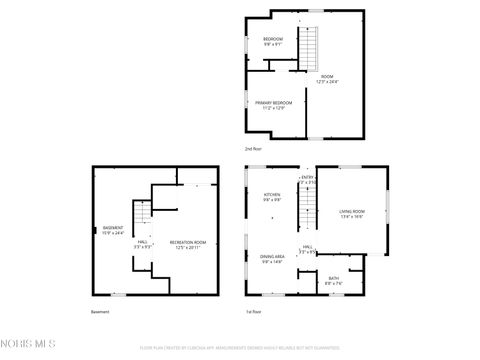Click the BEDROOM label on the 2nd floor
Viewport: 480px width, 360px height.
click(273, 41)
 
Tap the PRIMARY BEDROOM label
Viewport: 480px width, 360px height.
click(273, 105)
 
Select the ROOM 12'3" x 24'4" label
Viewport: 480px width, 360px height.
click(327, 80)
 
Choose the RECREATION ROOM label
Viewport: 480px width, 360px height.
click(187, 244)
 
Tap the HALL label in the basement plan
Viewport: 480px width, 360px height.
click(142, 244)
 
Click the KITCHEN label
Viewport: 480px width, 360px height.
click(272, 197)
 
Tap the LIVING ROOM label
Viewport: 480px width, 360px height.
click(352, 213)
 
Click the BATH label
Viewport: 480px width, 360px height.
click(333, 280)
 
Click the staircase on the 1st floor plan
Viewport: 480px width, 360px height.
click(308, 215)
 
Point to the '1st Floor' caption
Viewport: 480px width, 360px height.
click(255, 312)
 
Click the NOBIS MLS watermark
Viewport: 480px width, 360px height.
click(27, 345)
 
